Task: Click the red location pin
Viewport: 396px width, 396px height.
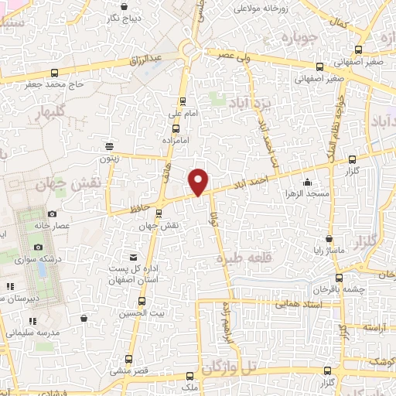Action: (199, 181)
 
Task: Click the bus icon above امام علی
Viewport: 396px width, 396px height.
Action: (183, 101)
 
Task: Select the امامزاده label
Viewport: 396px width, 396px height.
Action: (177, 141)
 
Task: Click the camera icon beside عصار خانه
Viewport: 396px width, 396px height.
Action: (52, 213)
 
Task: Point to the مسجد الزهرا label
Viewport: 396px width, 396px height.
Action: (308, 193)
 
